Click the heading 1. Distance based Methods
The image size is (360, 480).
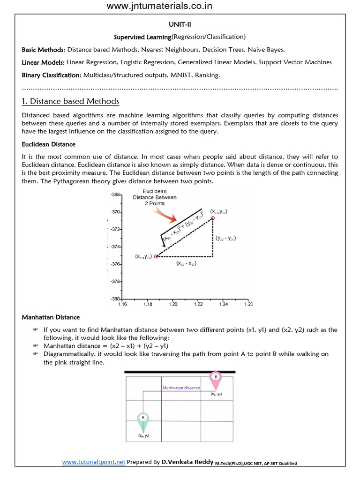[70, 101]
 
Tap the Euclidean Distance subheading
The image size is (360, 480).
[49, 144]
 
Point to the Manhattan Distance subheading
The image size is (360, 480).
[51, 317]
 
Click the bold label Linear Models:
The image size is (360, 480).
[43, 62]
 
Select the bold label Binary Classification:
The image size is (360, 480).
[52, 75]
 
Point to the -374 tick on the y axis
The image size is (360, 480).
[115, 247]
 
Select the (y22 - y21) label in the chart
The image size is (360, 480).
[225, 238]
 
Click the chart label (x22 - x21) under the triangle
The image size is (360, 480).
[186, 263]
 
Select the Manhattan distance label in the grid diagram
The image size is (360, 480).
[181, 388]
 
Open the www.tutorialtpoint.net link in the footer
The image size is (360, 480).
[94, 462]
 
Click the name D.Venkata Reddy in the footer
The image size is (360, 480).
[187, 462]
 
